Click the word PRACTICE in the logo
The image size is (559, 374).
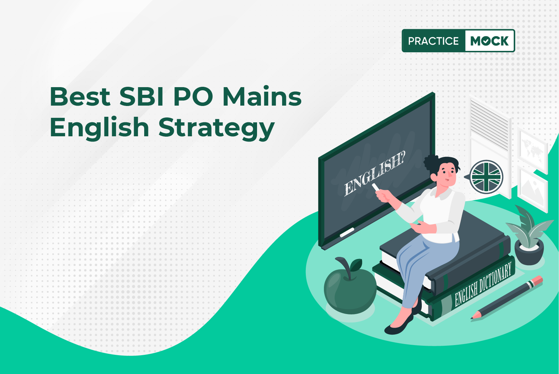[x=433, y=41]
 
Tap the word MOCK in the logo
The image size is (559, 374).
[x=489, y=41]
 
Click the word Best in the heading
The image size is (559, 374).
[x=80, y=97]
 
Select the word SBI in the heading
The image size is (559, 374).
[x=141, y=97]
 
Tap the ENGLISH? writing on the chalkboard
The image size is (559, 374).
[x=375, y=173]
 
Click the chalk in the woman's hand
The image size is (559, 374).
[x=376, y=187]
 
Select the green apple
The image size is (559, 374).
[x=350, y=290]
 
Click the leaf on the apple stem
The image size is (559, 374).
[x=356, y=265]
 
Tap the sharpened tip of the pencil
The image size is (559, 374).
[x=472, y=318]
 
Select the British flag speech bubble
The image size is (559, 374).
[x=485, y=177]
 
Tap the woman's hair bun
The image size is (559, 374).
[x=431, y=163]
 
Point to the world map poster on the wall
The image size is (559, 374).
[x=532, y=148]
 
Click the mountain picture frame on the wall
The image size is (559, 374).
[x=533, y=189]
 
